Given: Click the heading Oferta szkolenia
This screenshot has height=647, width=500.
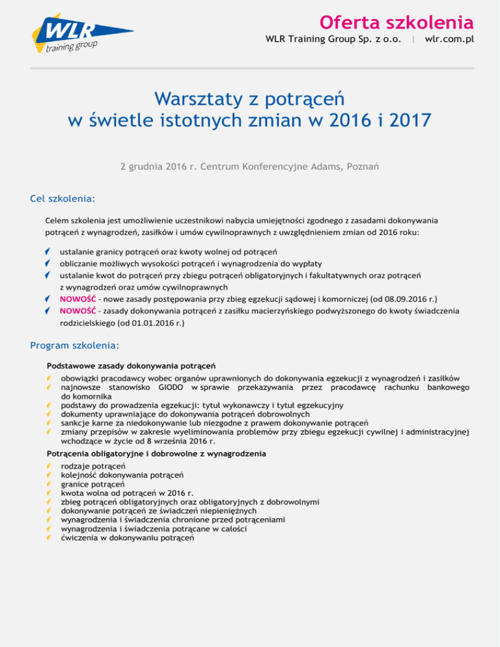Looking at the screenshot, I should tap(396, 22).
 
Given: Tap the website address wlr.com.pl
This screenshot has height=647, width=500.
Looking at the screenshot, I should tap(449, 39).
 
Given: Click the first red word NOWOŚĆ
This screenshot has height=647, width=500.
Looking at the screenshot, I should tap(77, 299).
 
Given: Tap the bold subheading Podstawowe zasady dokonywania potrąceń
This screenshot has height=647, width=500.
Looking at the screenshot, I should tap(132, 366).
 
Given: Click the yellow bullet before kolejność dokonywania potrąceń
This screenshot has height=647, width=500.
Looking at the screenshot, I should tap(49, 476).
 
